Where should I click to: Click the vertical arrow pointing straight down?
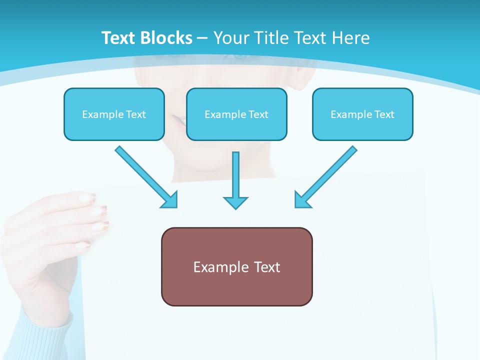click(235, 180)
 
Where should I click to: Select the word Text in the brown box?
click(266, 267)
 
